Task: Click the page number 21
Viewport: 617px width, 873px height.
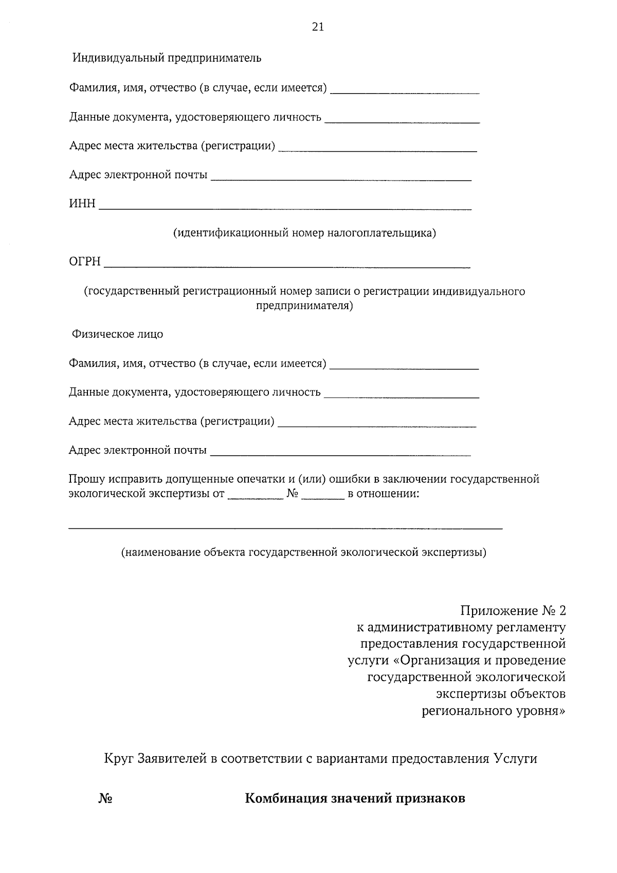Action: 318,27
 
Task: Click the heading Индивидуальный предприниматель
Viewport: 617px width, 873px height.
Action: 167,58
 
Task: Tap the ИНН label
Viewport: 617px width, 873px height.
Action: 82,204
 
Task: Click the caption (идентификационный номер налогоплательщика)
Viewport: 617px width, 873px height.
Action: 304,233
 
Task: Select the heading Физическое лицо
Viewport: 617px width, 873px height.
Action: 118,334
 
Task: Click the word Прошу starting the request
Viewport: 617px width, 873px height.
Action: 85,479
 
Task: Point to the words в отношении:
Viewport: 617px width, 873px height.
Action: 384,494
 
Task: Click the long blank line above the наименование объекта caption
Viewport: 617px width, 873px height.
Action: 285,528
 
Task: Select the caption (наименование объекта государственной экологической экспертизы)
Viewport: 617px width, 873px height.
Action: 304,553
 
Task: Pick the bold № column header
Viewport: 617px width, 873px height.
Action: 105,799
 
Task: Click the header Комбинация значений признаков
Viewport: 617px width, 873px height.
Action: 355,798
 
